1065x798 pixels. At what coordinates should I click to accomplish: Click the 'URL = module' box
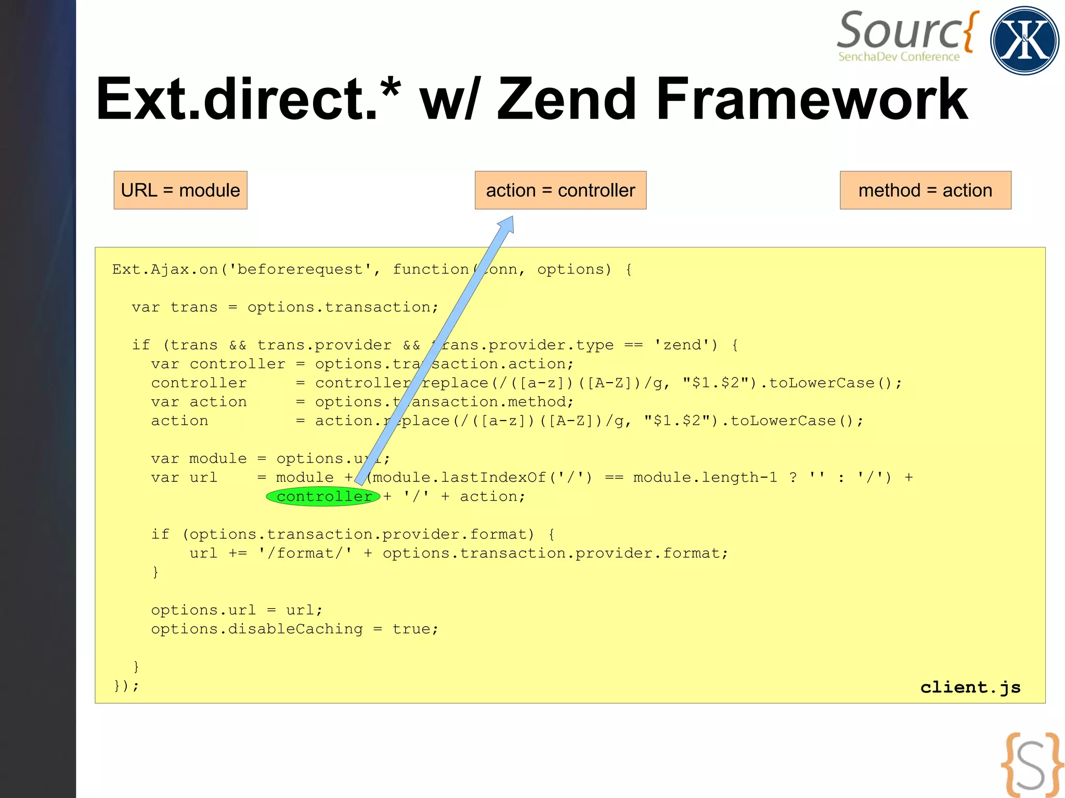[x=180, y=190]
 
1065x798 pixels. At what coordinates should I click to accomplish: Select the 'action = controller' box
[x=560, y=190]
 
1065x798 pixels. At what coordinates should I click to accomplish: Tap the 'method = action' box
[x=925, y=190]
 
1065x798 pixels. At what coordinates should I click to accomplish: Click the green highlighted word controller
[x=323, y=497]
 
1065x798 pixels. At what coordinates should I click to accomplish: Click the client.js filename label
[x=970, y=687]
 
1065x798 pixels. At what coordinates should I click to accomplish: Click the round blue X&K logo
[x=1024, y=41]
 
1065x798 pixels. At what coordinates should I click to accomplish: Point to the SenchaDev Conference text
[x=899, y=57]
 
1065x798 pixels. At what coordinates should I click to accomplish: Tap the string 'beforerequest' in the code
[x=300, y=269]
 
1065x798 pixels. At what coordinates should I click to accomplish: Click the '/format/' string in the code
[x=305, y=553]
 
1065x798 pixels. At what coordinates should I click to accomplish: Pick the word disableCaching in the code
[x=295, y=629]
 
